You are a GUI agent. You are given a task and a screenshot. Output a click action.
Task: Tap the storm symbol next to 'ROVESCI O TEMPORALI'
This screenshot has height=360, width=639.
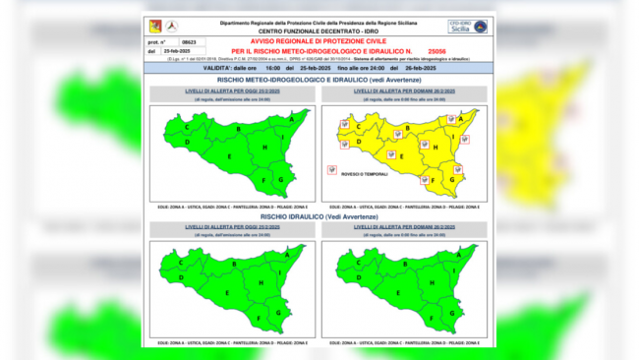click(330, 169)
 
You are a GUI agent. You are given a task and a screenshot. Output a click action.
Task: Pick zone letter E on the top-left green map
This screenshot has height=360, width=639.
click(229, 155)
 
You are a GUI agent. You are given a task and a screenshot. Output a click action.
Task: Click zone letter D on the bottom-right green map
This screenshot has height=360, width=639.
click(360, 279)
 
